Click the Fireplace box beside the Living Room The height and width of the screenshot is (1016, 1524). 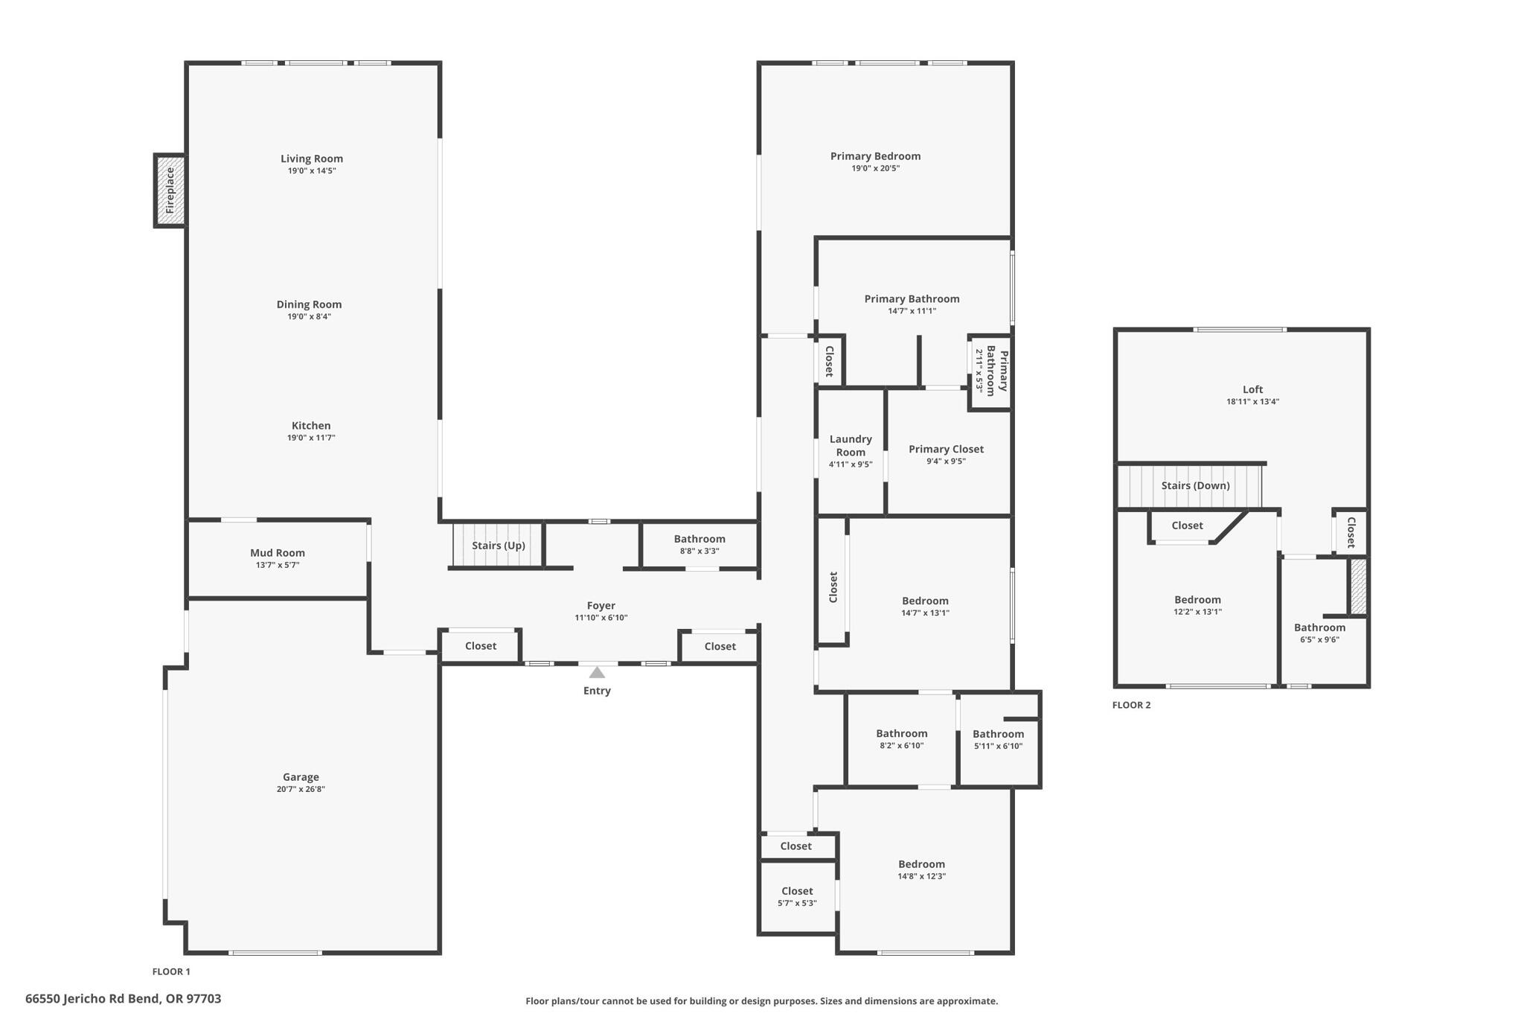(x=170, y=190)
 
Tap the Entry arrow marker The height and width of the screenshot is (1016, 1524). (x=597, y=673)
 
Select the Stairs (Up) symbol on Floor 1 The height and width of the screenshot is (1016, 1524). (x=498, y=546)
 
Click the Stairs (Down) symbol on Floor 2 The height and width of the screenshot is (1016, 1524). (x=1190, y=485)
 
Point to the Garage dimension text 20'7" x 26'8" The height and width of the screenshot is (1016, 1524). (x=301, y=789)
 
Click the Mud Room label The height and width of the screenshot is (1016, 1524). (x=277, y=552)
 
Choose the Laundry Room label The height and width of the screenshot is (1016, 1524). (x=851, y=445)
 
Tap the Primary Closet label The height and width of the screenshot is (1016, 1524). (x=946, y=449)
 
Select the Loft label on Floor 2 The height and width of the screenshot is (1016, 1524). (x=1252, y=389)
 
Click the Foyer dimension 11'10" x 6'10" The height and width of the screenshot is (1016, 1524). (x=601, y=618)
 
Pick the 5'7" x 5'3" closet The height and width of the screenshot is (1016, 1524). (x=796, y=896)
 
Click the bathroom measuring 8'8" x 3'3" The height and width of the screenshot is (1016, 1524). (x=699, y=544)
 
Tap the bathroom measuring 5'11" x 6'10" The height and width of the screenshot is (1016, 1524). (x=998, y=739)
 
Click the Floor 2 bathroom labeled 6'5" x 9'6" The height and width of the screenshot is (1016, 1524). (x=1319, y=633)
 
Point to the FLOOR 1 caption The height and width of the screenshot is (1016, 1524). (x=171, y=971)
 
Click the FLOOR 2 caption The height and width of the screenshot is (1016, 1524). (x=1131, y=705)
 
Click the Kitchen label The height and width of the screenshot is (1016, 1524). (x=311, y=426)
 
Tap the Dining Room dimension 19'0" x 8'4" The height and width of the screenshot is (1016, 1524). (x=309, y=316)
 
